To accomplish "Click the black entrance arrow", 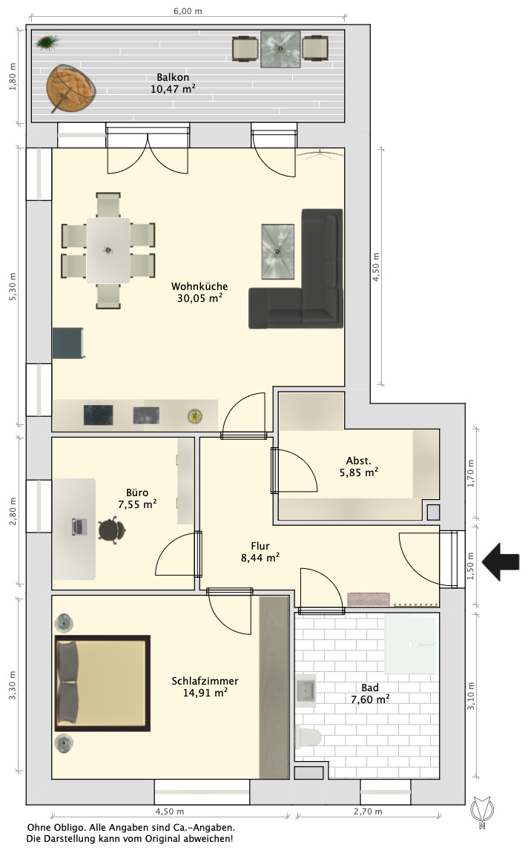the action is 501,562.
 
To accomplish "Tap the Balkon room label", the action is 173,78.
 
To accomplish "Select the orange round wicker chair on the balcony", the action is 70,88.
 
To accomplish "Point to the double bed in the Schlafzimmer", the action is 102,683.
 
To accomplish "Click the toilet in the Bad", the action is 308,738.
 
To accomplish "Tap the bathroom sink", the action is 306,691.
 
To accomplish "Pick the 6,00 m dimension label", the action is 188,11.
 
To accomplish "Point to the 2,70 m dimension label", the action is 368,811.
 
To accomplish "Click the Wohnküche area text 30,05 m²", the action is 199,297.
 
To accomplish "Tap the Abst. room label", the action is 359,461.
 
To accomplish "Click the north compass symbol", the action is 481,812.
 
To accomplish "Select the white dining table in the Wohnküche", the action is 108,251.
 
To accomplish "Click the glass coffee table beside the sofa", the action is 278,251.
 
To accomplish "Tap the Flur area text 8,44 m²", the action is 260,557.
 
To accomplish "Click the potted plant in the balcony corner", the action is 48,42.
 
